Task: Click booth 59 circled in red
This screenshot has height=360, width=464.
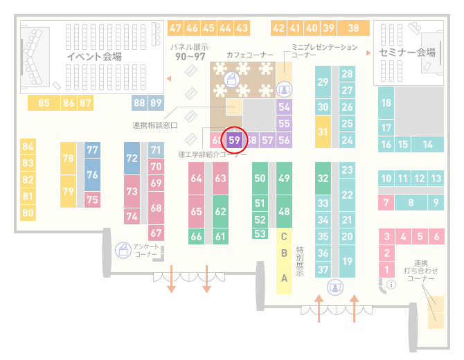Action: point(234,141)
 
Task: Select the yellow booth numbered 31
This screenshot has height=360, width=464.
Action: point(323,132)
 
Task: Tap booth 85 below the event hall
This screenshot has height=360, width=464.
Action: point(44,103)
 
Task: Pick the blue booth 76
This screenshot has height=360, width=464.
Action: point(92,175)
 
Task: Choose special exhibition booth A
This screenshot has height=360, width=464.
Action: point(284,278)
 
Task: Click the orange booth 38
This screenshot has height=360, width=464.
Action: point(354,28)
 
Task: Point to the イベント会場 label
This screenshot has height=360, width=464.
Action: point(94,56)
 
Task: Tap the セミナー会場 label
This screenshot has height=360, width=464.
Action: point(407,53)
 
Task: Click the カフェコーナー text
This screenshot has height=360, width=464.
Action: point(250,55)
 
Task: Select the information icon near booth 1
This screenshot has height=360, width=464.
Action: point(391,285)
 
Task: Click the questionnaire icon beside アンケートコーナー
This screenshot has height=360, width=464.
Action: point(123,250)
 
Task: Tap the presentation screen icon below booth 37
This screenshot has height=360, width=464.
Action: point(335,287)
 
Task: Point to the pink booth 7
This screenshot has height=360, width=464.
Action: point(386,203)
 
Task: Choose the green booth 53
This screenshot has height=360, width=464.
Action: point(260,234)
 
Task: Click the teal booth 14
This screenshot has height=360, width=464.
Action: point(427,145)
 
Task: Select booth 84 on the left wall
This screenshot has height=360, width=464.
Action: point(28,147)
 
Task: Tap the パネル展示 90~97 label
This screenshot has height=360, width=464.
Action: point(190,52)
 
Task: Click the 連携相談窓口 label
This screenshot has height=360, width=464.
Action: point(155,125)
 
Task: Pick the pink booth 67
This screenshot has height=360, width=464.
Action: point(156,233)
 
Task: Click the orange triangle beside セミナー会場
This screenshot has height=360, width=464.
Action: point(368,53)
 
